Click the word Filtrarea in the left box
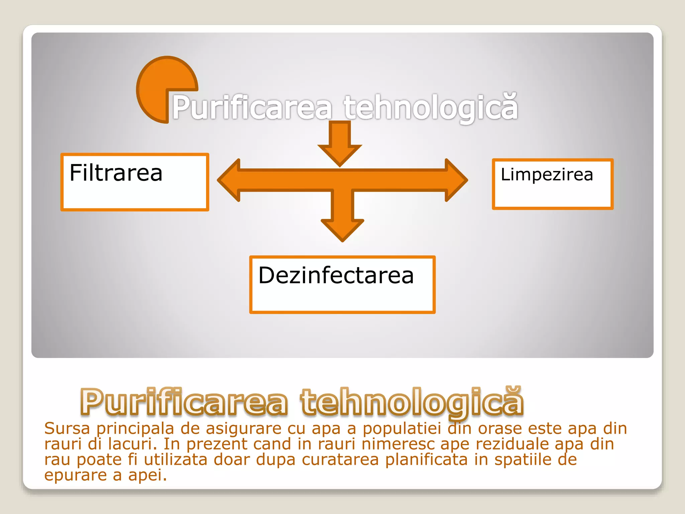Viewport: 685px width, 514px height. (116, 173)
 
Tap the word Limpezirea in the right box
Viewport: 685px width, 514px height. (547, 175)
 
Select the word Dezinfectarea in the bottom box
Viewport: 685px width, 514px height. (336, 276)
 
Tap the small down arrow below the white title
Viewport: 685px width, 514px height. (340, 147)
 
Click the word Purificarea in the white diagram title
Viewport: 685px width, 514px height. (252, 107)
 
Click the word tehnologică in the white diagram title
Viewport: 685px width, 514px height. (431, 107)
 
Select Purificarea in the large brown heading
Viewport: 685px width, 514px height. (184, 402)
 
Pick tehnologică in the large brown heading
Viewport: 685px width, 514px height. (412, 402)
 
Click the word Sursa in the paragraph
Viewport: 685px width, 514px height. (67, 429)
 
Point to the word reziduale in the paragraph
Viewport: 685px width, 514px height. (512, 444)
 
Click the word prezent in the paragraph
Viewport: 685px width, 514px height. (216, 444)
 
